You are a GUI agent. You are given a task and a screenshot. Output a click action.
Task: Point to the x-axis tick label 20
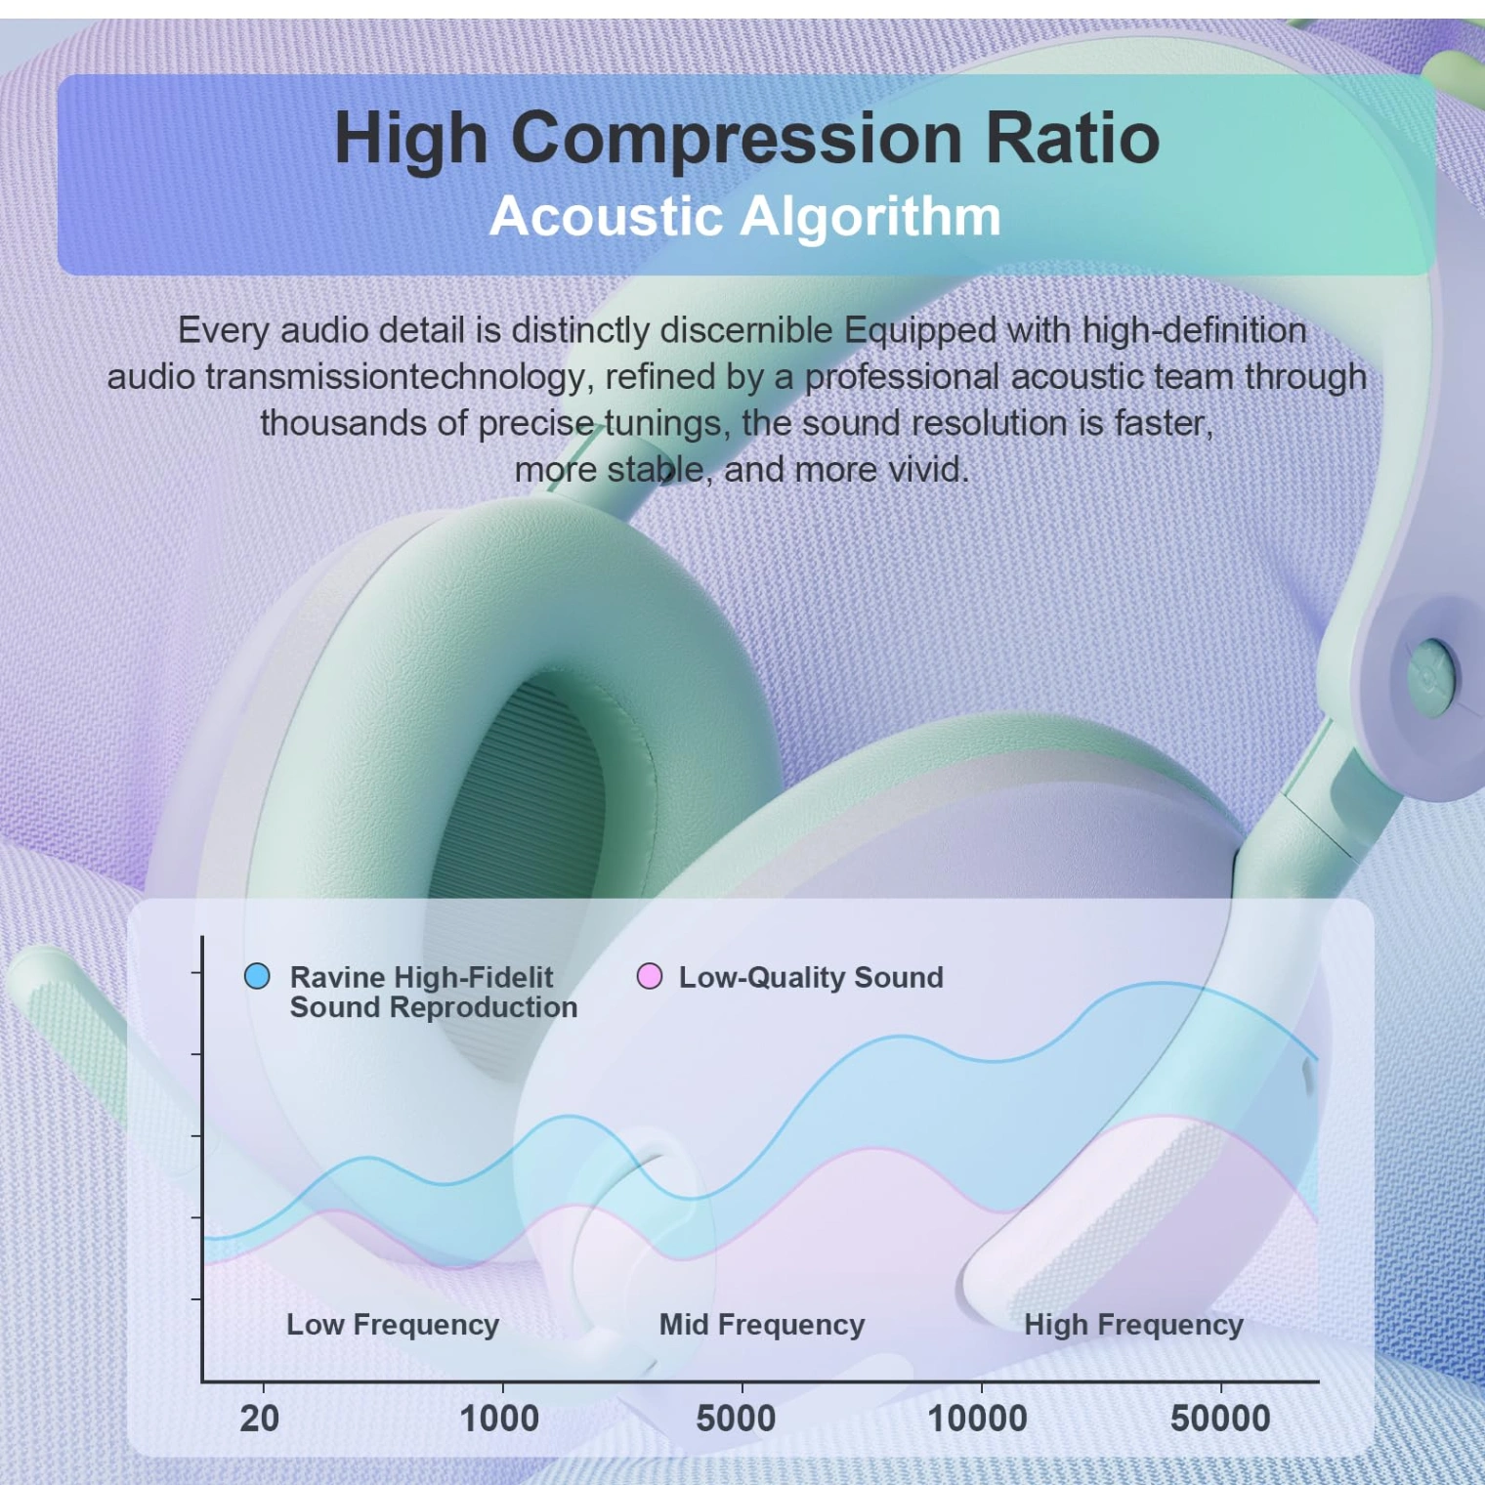tap(260, 1419)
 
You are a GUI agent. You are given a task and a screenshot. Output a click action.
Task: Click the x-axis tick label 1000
tap(499, 1419)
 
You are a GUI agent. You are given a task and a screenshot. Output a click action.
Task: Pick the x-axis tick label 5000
tap(736, 1419)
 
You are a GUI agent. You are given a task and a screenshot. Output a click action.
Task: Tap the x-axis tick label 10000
tap(977, 1419)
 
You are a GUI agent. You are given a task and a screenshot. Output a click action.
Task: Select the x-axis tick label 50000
tap(1220, 1419)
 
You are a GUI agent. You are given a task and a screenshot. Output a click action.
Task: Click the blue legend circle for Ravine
tap(257, 976)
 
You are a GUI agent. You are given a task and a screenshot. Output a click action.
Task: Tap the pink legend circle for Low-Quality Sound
tap(650, 976)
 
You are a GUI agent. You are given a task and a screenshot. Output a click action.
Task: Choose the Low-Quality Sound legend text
tap(811, 977)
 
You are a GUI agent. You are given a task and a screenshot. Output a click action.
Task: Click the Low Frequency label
tap(393, 1325)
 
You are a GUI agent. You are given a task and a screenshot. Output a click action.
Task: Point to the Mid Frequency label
tap(762, 1325)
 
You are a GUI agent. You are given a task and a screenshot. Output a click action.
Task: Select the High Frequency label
tap(1133, 1325)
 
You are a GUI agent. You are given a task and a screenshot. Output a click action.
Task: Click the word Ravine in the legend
tap(337, 977)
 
